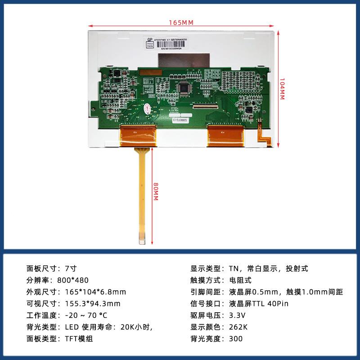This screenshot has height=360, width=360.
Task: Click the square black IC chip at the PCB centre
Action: coord(184,88)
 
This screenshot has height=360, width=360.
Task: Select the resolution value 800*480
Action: coord(80,280)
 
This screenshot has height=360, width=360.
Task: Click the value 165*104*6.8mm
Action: coord(95,292)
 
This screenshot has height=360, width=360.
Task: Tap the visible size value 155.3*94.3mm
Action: coord(93,304)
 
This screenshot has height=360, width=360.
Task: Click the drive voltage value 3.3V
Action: coord(238,315)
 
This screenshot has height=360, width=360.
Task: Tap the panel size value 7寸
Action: coord(71,269)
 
